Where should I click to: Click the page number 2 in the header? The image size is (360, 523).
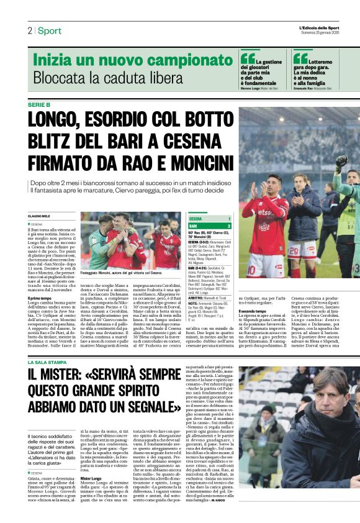point(29,30)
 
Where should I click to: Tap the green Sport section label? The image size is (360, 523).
point(49,30)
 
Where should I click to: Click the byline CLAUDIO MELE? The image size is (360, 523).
point(42,216)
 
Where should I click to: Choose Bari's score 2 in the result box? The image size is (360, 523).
point(229,226)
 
